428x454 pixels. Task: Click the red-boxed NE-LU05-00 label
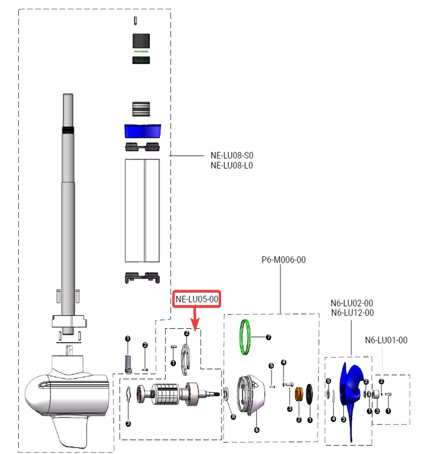click(196, 300)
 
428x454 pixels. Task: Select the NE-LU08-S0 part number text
click(232, 156)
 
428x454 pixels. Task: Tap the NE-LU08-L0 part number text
click(232, 166)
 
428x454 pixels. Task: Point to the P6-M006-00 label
click(283, 259)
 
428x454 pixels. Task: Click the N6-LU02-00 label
click(352, 303)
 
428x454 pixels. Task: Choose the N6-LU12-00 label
click(352, 313)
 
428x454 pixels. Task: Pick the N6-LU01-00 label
click(386, 340)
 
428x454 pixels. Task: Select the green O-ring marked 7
click(248, 337)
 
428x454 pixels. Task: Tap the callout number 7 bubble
click(269, 338)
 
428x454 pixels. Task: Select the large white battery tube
click(142, 210)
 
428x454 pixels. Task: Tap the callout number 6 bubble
click(256, 429)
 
